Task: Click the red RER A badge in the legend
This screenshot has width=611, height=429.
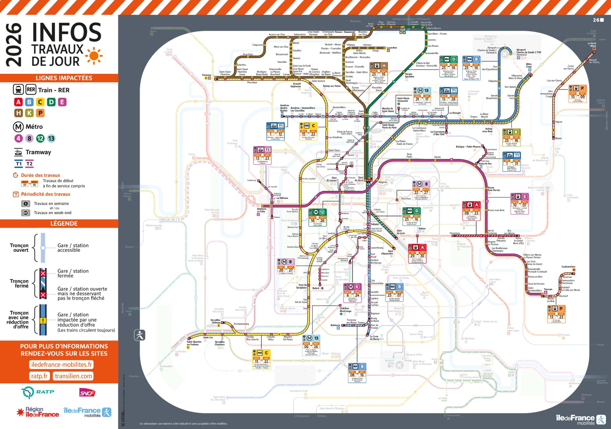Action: point(18,102)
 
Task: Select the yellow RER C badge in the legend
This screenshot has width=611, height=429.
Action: point(40,102)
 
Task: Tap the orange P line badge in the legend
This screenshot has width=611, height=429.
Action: point(40,113)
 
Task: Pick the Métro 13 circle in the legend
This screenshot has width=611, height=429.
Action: point(51,138)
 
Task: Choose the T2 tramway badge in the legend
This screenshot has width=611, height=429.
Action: point(29,164)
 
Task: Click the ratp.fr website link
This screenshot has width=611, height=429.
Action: point(39,376)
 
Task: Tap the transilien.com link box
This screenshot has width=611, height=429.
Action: point(74,376)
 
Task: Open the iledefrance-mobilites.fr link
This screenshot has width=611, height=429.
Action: point(62,365)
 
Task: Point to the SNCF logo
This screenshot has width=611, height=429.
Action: point(87,393)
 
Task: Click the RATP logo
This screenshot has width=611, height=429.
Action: point(38,392)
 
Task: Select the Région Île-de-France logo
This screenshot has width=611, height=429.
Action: point(38,412)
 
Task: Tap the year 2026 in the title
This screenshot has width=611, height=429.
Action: point(14,45)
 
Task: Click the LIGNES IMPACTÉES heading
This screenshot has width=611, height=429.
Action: point(64,78)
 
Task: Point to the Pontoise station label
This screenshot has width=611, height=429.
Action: point(207,75)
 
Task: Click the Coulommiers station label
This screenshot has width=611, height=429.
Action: point(568,267)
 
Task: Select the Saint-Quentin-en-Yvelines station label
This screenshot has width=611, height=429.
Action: point(194,343)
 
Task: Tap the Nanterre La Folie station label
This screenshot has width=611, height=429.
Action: point(262,210)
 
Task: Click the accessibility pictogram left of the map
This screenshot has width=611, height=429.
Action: point(140,335)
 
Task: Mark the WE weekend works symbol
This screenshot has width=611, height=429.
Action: point(26,213)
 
